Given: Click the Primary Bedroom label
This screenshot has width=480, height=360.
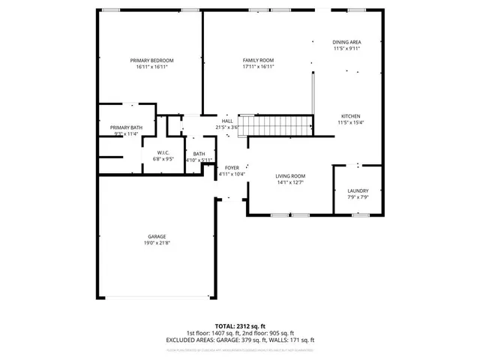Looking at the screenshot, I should (x=151, y=60).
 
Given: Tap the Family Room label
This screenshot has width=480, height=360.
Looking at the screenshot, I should (x=258, y=60).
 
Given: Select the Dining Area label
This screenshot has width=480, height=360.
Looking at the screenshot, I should (x=346, y=42).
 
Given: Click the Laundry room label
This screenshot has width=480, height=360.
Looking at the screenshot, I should (x=358, y=190).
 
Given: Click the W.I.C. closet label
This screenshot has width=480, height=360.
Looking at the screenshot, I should (x=163, y=152).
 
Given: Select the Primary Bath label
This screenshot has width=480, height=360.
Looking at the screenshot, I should (x=126, y=127).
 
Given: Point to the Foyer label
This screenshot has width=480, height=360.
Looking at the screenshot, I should (x=232, y=167).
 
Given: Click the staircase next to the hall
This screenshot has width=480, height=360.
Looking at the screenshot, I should (x=280, y=125).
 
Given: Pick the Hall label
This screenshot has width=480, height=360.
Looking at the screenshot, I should (x=226, y=121).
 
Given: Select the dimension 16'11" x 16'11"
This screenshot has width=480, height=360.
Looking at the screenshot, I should (x=151, y=67).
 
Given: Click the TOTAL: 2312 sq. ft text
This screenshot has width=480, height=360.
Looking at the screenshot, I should (x=240, y=327).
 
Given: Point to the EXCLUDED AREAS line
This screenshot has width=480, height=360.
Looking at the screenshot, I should (x=240, y=340).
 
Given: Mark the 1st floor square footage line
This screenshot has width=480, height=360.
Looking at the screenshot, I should (x=214, y=334).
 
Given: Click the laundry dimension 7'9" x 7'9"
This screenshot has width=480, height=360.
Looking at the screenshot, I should (x=358, y=197).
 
